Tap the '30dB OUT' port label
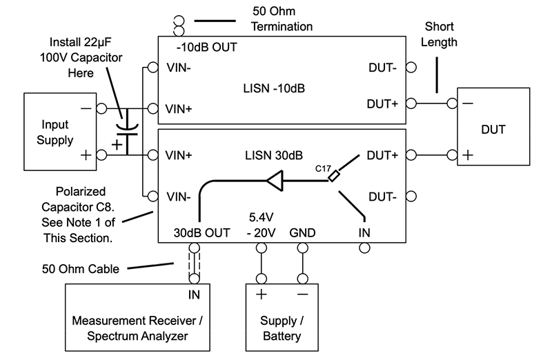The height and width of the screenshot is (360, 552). (x=201, y=232)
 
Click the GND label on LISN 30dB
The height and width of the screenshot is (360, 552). (x=302, y=232)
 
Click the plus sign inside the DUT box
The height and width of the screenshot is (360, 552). (x=468, y=154)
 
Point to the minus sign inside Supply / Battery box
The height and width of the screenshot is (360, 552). (x=302, y=294)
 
